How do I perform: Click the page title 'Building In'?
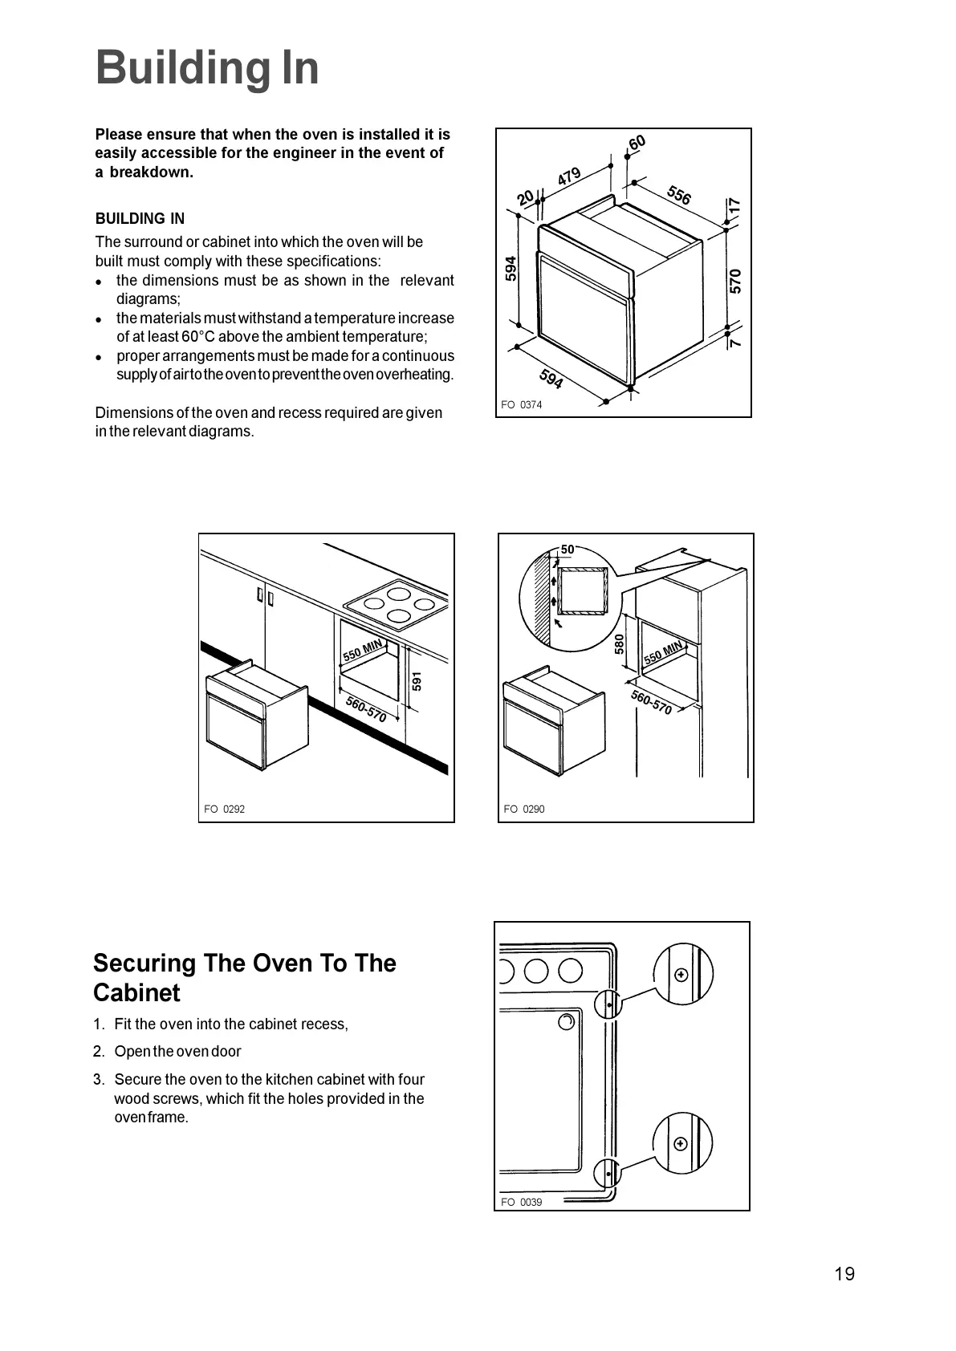coord(207,68)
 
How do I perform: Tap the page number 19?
coord(844,1274)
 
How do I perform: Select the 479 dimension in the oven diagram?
coord(569,176)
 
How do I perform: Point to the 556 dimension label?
coord(679,195)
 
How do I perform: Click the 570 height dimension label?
coord(735,281)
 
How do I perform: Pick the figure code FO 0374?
coord(521,405)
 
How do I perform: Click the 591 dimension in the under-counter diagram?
coord(417,681)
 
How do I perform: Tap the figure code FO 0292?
coord(224,809)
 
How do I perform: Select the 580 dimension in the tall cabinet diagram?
coord(620,643)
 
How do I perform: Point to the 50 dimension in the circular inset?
coord(567,550)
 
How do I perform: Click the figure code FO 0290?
coord(523,809)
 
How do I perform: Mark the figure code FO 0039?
coord(521,1202)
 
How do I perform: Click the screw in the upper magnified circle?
coord(681,975)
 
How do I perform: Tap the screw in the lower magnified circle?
coord(681,1143)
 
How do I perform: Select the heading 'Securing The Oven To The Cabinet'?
coord(244,977)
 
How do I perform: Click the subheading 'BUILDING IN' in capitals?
coord(140,219)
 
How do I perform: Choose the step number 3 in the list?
coord(98,1080)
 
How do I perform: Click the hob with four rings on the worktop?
coord(396,602)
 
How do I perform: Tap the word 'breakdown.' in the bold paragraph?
coord(152,172)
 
